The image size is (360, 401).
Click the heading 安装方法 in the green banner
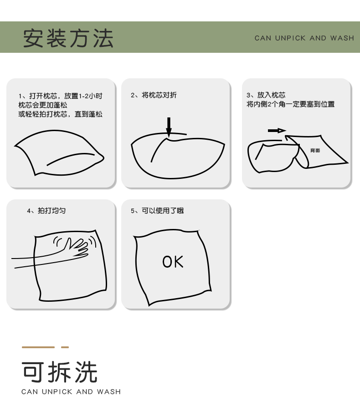pos(68,38)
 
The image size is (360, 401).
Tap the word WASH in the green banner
pos(342,38)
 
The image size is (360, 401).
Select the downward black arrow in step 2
pos(169,127)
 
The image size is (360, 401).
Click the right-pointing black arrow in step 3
pos(277,131)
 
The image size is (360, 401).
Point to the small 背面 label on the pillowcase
pos(315,150)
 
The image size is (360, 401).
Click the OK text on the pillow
pos(173,262)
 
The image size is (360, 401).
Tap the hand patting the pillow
pos(77,247)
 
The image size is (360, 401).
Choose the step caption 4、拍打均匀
pos(46,210)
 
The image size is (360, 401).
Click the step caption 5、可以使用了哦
pos(157,210)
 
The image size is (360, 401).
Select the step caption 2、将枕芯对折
pos(154,95)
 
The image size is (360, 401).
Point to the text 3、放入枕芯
pos(266,95)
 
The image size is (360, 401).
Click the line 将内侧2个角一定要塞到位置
pos(290,104)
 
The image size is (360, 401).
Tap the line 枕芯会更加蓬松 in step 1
pos(43,105)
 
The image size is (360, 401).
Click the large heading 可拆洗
pos(59,372)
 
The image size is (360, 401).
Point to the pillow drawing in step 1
pos(59,153)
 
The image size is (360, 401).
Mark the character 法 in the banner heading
pos(103,38)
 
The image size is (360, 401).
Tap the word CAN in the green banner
pos(262,38)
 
